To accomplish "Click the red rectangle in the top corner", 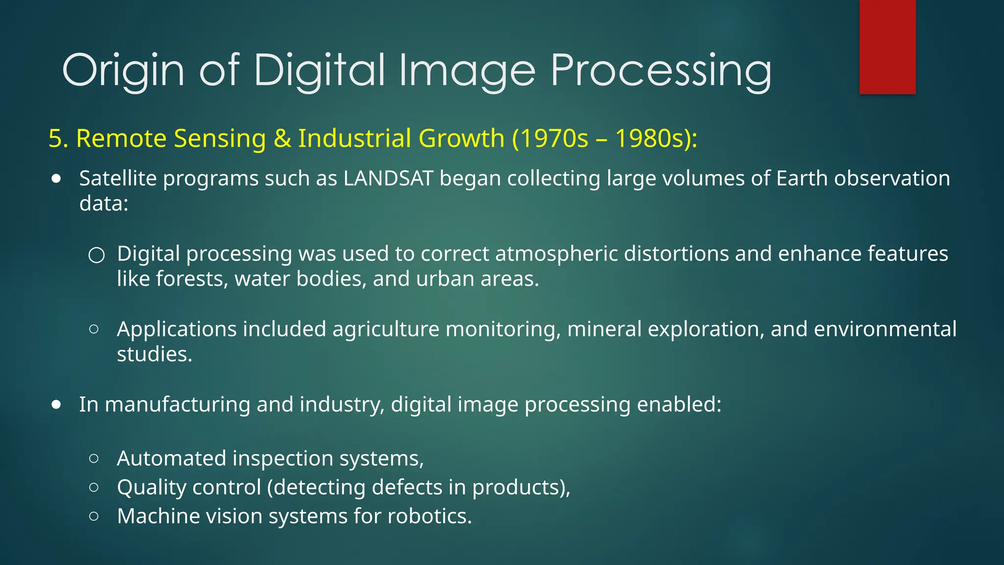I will [x=887, y=47].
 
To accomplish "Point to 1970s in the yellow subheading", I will [x=554, y=138].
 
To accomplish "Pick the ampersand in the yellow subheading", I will [x=282, y=138].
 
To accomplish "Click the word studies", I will [x=154, y=355].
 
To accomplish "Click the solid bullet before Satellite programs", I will [x=57, y=179].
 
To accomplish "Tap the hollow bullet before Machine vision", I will [x=94, y=516].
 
